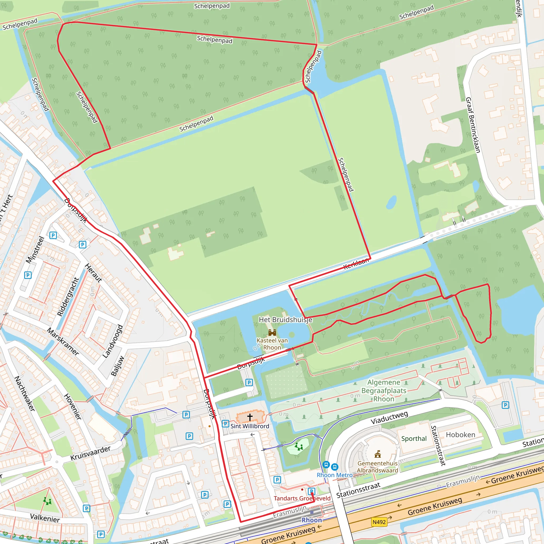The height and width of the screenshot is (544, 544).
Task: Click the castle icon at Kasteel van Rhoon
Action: point(272,333)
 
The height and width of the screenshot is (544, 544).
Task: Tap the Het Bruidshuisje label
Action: point(285,320)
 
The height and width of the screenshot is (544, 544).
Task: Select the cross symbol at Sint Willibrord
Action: point(250,417)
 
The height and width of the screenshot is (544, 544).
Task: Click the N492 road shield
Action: point(379,522)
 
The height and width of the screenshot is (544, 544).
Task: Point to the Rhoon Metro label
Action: point(334,475)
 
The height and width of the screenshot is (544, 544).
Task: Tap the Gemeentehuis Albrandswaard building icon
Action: point(378,454)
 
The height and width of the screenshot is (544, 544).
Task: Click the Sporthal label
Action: point(414,438)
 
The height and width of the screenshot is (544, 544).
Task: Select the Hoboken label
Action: point(460,435)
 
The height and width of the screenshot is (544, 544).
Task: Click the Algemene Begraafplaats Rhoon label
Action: point(384,390)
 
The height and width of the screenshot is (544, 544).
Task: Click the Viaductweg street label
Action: point(389,418)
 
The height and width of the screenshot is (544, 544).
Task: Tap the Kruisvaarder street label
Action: point(90,453)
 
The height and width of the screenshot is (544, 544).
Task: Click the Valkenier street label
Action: point(45,518)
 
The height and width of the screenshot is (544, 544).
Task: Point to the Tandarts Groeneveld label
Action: point(302,498)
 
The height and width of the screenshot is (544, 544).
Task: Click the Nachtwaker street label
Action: point(25,393)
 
